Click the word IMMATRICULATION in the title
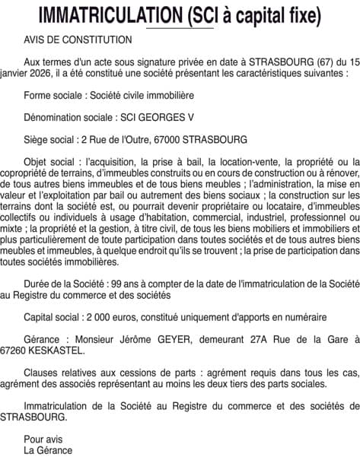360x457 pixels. (100, 15)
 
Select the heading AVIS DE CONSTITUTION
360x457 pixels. (78, 40)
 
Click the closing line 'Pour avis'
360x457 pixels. (44, 439)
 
